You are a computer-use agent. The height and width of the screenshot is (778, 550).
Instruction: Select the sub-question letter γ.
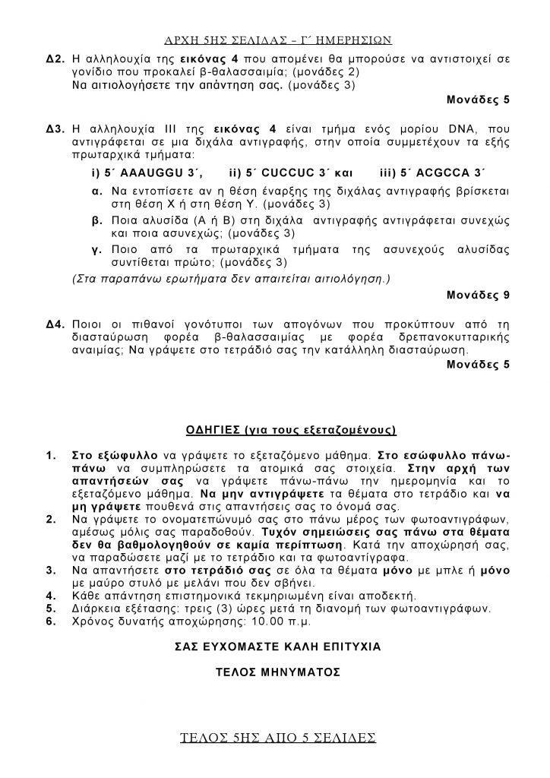pos(96,250)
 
